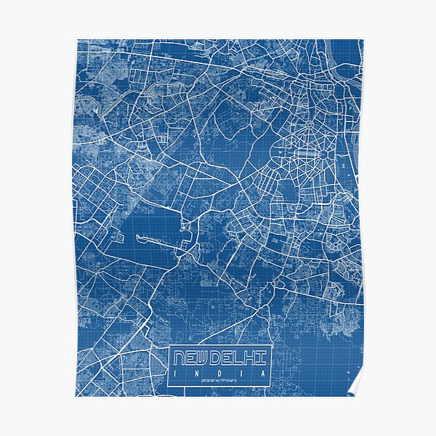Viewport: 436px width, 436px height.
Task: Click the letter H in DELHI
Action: pos(257,357)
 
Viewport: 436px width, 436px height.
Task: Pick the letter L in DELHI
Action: pos(245,357)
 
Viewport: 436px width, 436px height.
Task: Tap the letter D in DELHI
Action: pos(221,357)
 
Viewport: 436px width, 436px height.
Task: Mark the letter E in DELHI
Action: pos(233,357)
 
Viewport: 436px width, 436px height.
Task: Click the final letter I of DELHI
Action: pos(265,357)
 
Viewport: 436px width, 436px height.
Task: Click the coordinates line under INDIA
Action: pos(219,381)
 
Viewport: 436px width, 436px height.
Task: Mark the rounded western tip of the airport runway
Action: pos(138,237)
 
